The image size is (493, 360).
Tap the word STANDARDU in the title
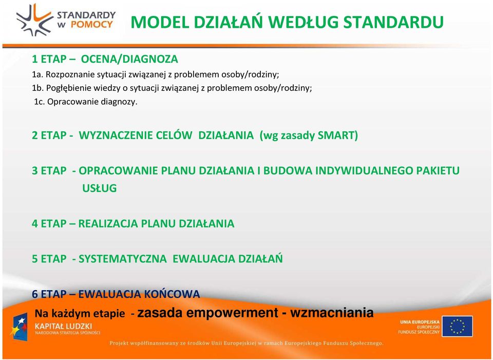[x=393, y=22]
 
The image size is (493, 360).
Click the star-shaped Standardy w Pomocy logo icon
[x=34, y=20]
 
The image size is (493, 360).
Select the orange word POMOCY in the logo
[x=92, y=25]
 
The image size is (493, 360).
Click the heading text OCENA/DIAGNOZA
[x=129, y=59]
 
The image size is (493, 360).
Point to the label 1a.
[x=37, y=74]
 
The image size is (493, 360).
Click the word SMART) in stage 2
[x=338, y=135]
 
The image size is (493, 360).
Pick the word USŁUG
[x=99, y=188]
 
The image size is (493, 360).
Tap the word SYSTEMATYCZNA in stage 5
[x=123, y=259]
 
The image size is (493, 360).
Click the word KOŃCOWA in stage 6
[x=172, y=294]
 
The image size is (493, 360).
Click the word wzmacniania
[x=332, y=313]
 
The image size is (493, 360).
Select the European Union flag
[x=458, y=326]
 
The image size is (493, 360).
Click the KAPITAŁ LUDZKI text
[x=63, y=326]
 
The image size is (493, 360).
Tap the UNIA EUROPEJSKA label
[x=420, y=322]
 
